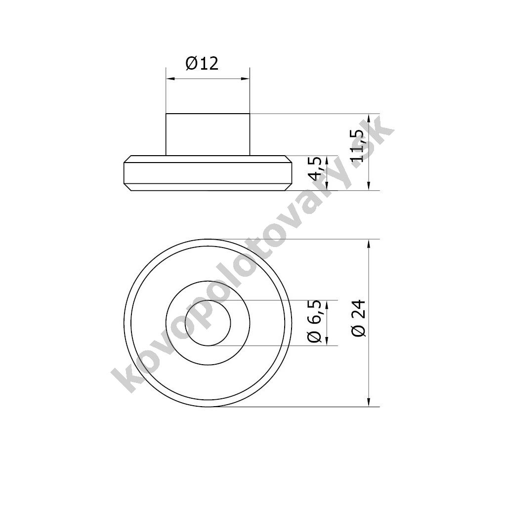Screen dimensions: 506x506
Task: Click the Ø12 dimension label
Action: (202, 63)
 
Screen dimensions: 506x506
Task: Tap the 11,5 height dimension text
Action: (359, 146)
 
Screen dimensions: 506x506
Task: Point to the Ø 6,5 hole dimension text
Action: (315, 321)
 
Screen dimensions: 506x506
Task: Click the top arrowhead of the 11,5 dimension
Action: (369, 118)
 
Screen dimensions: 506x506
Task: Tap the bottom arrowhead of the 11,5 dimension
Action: (369, 186)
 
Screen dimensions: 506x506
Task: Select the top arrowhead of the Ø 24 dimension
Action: (369, 244)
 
